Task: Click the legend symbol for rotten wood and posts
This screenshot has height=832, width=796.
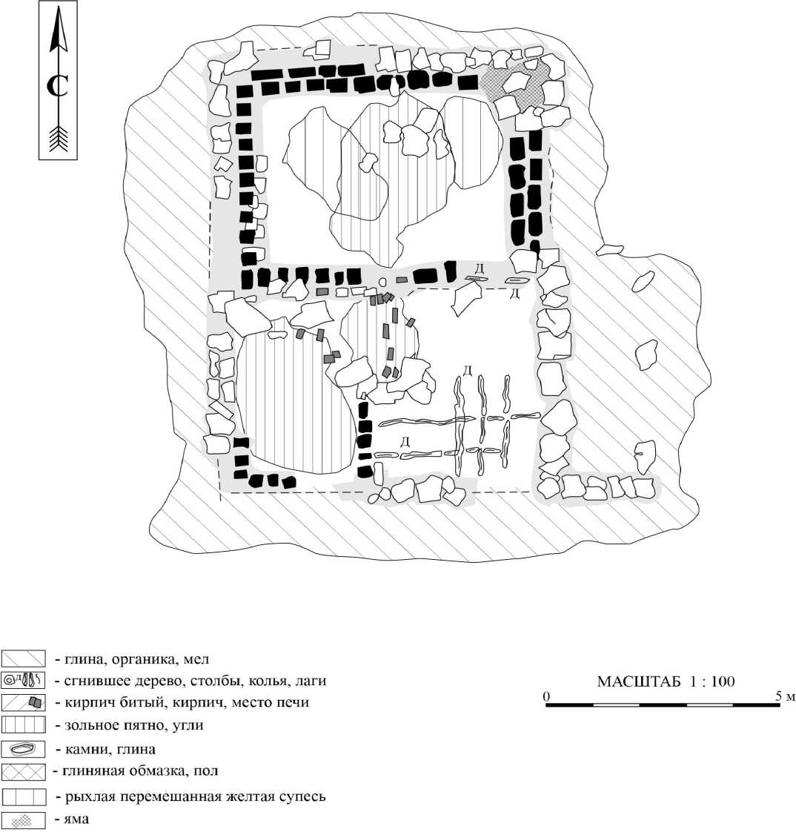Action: [24, 679]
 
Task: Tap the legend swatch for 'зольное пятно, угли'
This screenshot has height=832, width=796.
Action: [24, 724]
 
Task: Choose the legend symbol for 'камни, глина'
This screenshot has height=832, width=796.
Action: [24, 749]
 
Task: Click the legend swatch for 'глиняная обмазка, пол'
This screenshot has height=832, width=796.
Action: [24, 773]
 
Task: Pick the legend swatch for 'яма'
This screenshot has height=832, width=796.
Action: [24, 820]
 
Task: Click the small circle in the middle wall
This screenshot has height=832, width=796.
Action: [382, 282]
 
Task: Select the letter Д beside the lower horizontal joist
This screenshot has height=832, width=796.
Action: [405, 442]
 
